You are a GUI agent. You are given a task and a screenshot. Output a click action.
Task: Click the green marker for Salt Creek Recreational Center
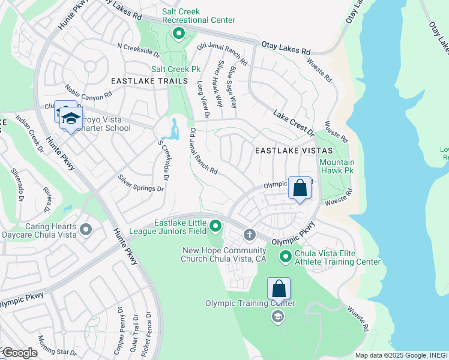(x=178, y=34)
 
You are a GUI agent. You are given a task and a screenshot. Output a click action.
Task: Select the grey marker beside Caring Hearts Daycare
(x=86, y=229)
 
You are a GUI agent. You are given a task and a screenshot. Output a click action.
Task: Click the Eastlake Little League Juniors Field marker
(x=216, y=227)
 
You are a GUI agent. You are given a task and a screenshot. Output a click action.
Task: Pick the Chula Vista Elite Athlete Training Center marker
(x=286, y=257)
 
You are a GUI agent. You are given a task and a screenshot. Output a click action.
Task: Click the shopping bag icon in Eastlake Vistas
(x=300, y=188)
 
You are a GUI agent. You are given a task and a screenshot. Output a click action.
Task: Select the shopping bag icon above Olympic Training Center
(x=279, y=289)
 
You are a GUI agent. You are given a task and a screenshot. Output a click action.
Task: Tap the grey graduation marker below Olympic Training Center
(x=277, y=316)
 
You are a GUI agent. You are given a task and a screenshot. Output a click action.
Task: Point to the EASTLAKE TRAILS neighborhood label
(x=149, y=81)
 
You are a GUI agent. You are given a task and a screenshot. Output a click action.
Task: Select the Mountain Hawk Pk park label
(x=337, y=166)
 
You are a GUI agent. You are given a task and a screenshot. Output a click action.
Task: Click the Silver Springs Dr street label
(x=140, y=184)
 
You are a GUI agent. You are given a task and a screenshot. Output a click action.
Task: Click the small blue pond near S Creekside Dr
(x=174, y=128)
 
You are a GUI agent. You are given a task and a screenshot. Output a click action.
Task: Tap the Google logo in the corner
(x=19, y=353)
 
